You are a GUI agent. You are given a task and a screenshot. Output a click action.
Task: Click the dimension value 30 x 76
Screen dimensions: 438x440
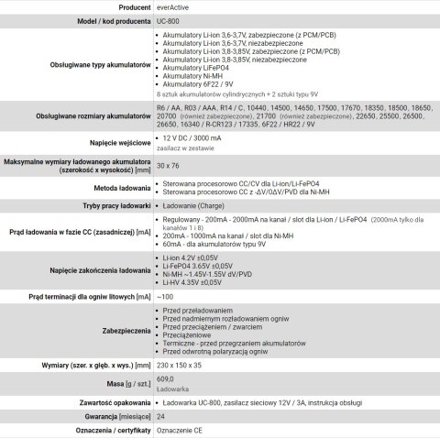[x=169, y=165]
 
